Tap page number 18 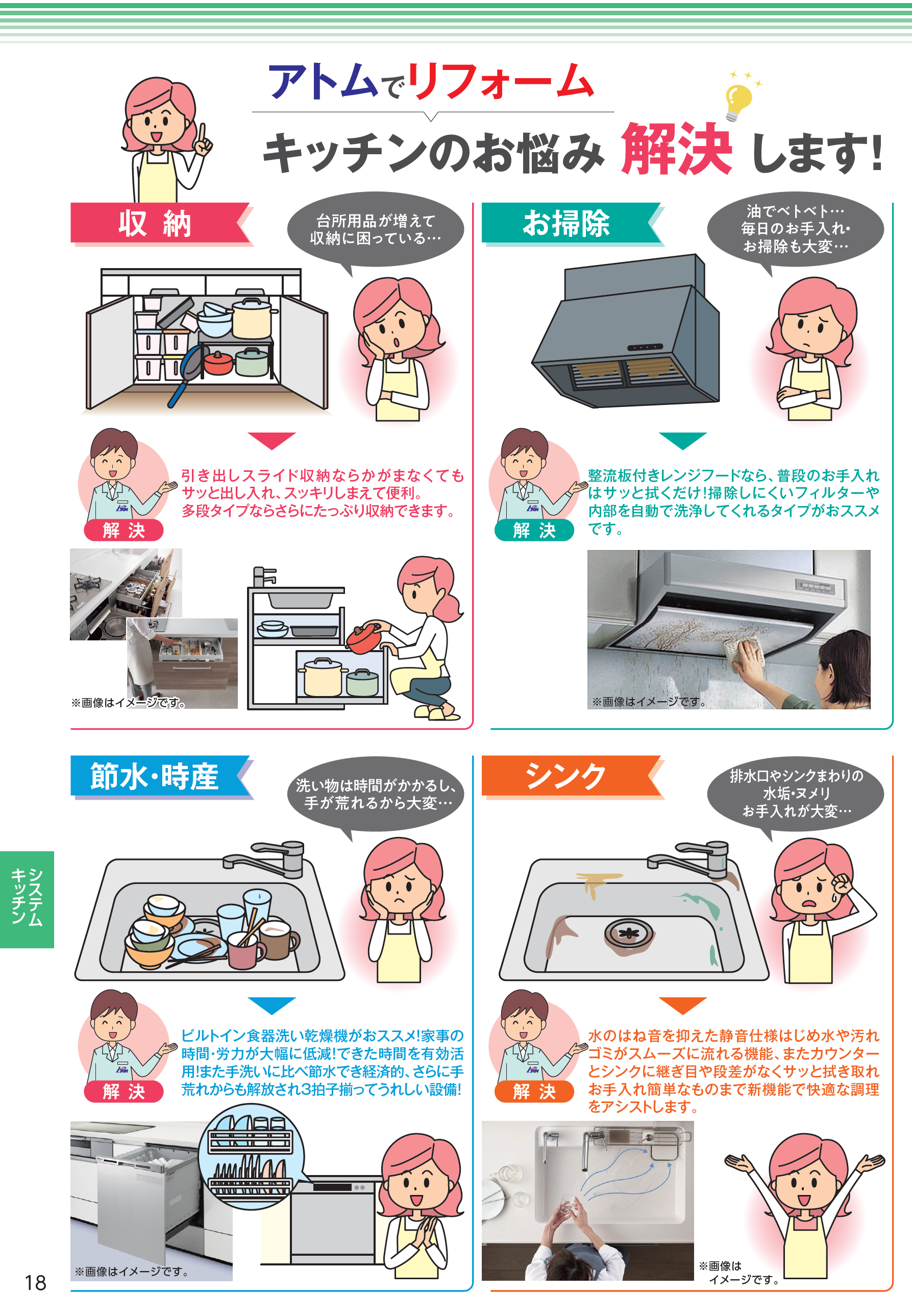35,1282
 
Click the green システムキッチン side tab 27,899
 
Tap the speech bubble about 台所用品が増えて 376,230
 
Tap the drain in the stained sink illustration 629,933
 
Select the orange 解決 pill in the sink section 534,1091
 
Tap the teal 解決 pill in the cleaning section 534,530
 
